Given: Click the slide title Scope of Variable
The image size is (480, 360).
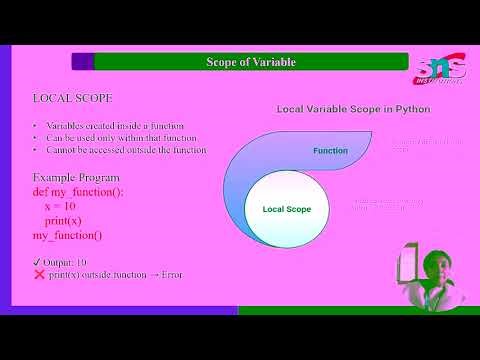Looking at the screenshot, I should pos(237,62).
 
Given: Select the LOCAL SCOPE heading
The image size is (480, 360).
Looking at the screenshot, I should pos(73,99).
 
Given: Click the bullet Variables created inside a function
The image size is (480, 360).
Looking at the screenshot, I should pos(121,126).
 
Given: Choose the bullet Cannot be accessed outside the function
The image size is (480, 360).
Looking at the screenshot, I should pos(126,150).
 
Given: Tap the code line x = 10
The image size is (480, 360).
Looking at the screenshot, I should pos(61,205).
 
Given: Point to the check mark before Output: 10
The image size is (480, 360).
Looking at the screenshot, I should pos(38,261).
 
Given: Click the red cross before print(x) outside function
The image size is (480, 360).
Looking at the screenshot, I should pos(39,274).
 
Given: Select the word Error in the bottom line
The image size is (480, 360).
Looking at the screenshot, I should pos(170,274).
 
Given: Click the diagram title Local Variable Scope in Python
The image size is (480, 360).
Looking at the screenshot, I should pos(352,107).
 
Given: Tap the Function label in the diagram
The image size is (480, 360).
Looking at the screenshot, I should pos(330,151).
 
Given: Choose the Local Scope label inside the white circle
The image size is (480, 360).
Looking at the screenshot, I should pos(287,209).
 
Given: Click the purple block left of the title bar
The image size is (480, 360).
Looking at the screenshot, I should pos(82,62).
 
